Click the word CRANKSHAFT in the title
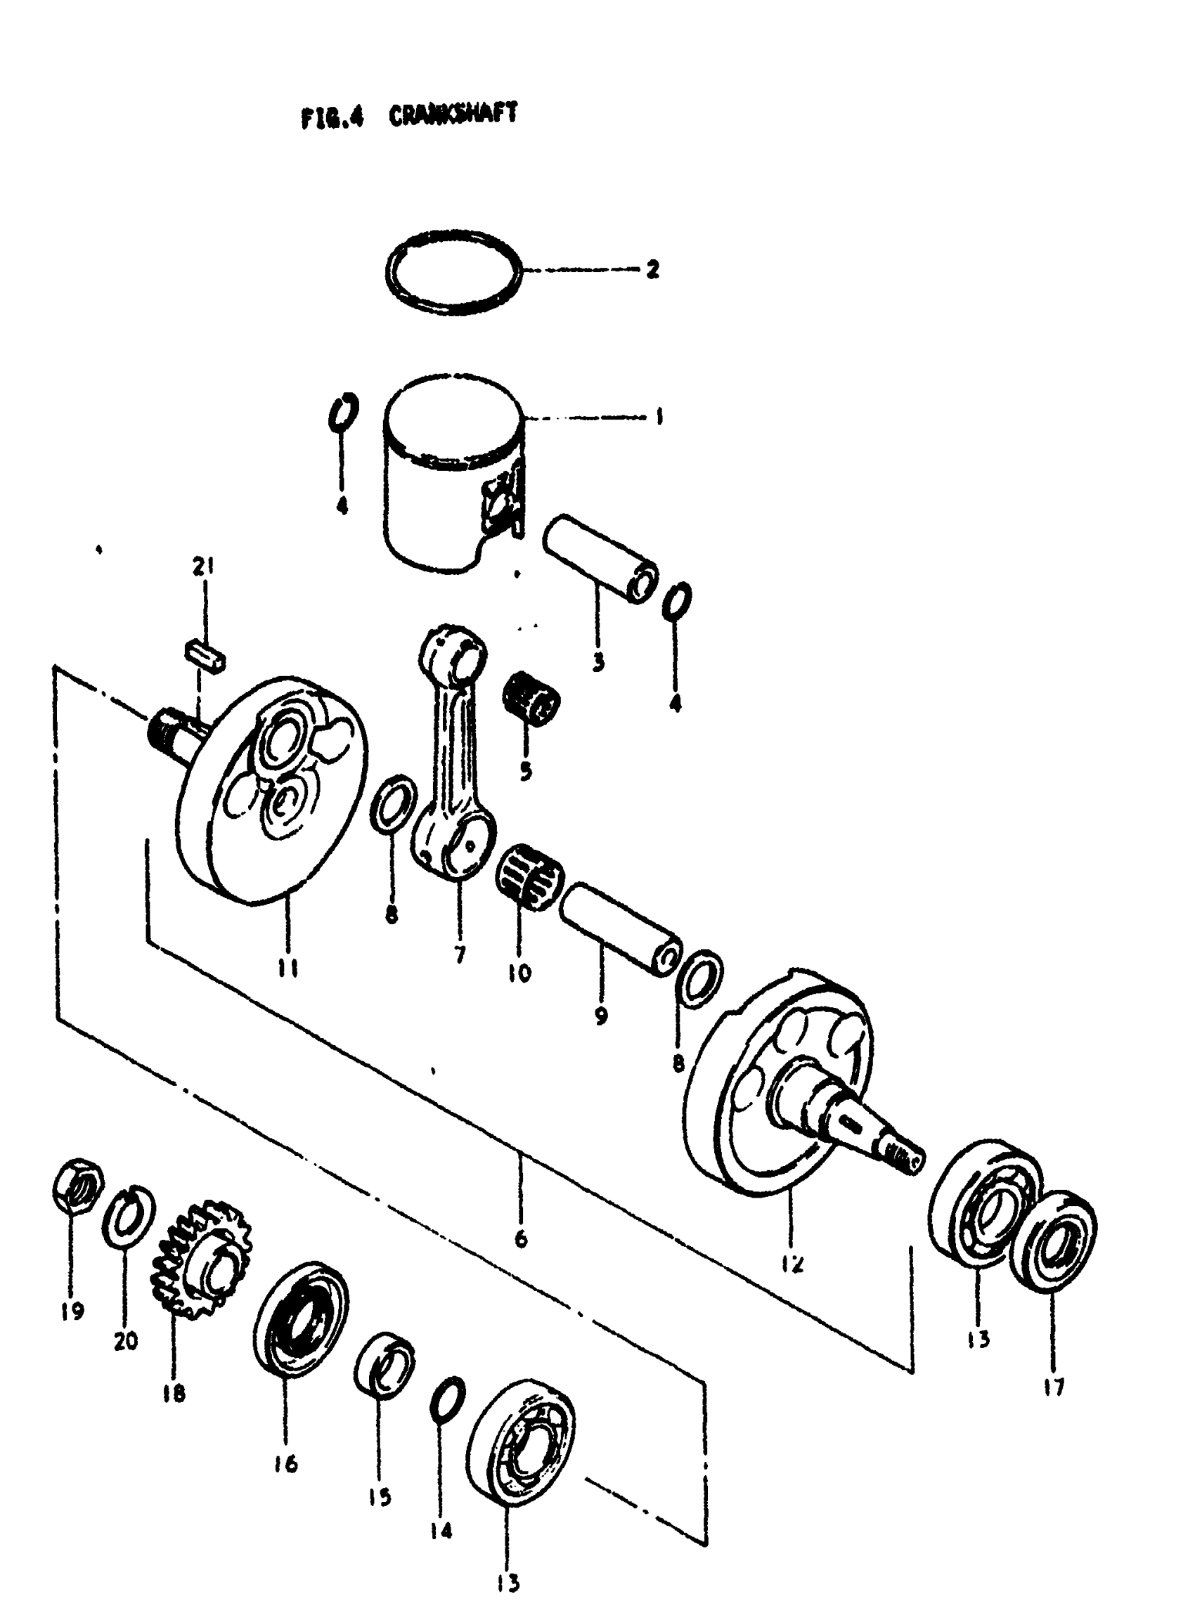[x=453, y=115]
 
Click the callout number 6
[x=521, y=1239]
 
